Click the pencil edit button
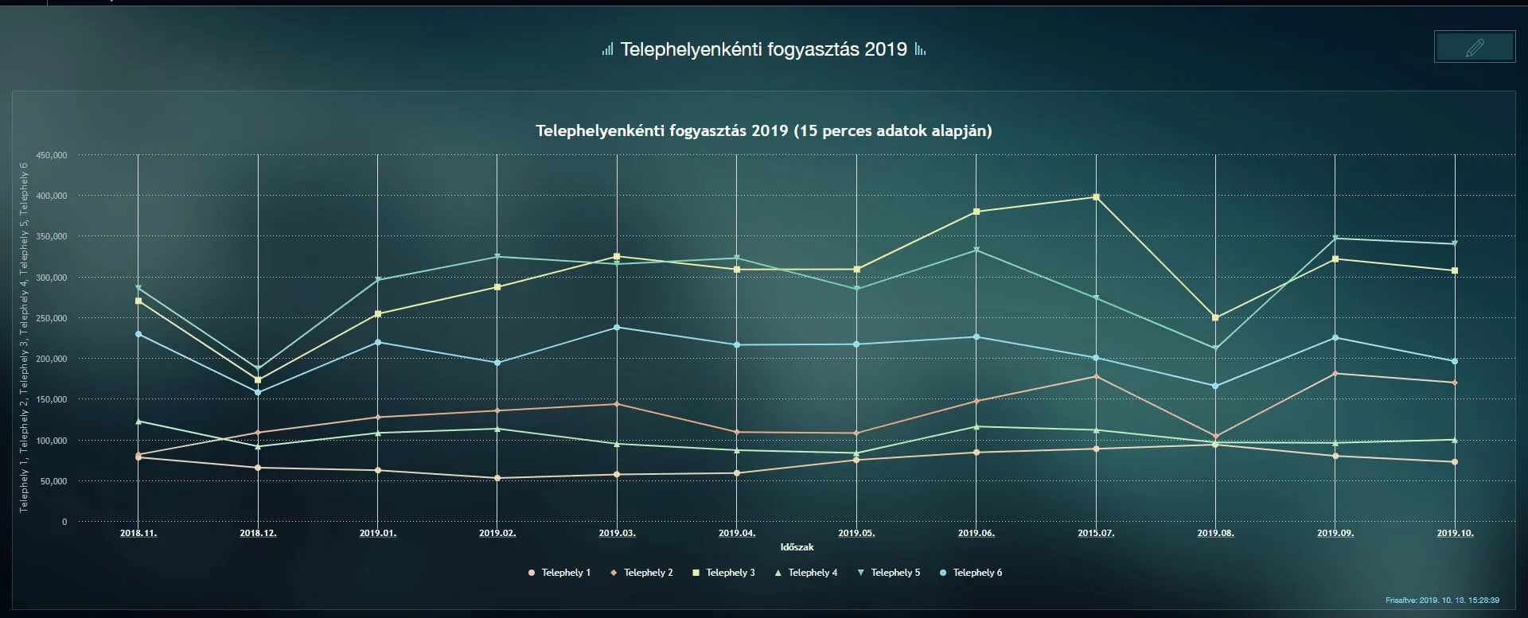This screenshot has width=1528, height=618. click(1474, 47)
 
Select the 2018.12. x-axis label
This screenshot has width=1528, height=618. click(258, 533)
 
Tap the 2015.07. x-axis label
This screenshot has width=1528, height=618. click(1096, 533)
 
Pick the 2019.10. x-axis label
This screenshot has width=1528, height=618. click(1455, 533)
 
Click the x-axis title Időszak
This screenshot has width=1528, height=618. click(797, 547)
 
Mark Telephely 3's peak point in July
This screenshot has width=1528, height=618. click(1096, 197)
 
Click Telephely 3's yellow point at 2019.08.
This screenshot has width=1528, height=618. click(1215, 317)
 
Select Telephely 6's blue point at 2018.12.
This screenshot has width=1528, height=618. click(258, 392)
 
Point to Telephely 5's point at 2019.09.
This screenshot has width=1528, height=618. click(1335, 238)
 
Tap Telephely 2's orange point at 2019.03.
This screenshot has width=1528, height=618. click(617, 404)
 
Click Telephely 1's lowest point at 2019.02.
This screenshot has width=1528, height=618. click(497, 478)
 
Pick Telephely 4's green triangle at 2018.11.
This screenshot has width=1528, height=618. click(138, 422)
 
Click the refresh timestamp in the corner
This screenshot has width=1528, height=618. click(1442, 601)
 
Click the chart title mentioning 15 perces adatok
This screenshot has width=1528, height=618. click(763, 130)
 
